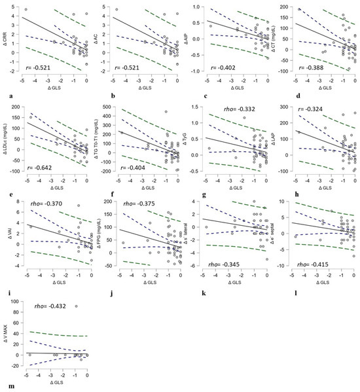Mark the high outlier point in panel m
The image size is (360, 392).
coord(77,306)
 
